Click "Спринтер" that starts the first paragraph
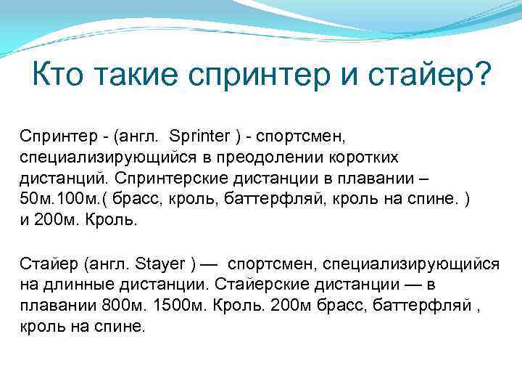49,136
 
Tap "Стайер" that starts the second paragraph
42,264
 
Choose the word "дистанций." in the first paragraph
51,178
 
